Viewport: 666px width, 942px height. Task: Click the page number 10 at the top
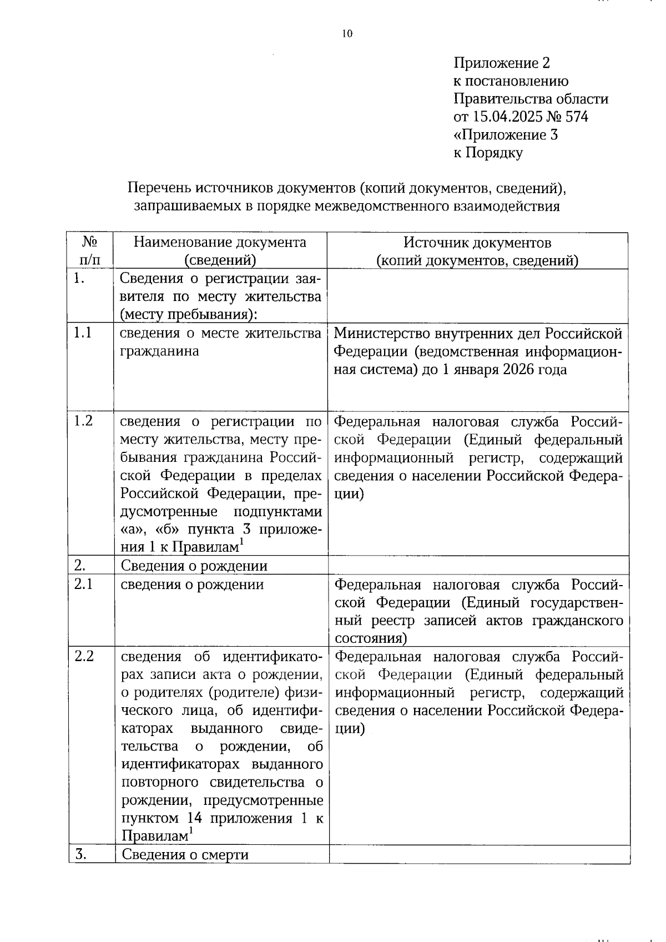[347, 34]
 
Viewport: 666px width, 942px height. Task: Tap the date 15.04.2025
[506, 117]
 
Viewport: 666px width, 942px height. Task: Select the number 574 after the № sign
[577, 117]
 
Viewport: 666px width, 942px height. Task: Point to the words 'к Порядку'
[488, 153]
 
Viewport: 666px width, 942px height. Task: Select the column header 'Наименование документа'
[220, 243]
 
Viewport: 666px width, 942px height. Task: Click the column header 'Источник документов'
[477, 243]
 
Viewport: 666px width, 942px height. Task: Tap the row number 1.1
[83, 333]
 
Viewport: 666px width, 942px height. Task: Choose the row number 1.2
[83, 421]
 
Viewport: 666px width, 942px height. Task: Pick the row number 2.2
[84, 656]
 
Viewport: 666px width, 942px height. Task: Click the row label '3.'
[80, 854]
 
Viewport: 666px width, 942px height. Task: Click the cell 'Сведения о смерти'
[185, 854]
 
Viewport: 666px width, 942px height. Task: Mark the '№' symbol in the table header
[90, 242]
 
